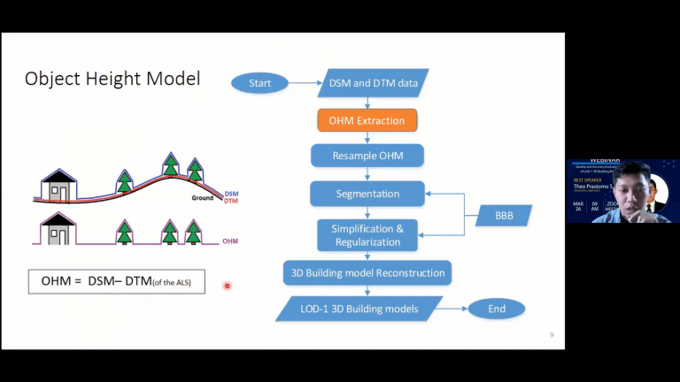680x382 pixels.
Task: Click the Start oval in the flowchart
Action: pos(259,83)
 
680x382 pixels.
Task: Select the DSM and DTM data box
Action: pos(373,83)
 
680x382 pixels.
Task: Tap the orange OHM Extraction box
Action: pos(367,120)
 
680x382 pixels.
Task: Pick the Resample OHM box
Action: pos(367,156)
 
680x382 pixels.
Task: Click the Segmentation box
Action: pos(367,194)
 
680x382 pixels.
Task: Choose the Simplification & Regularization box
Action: pos(367,234)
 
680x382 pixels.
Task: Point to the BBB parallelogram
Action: pos(500,215)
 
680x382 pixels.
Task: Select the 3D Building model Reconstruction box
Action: pos(367,272)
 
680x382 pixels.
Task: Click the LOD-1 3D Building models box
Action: pos(359,308)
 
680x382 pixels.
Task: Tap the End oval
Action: pos(496,309)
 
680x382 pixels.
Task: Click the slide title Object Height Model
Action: pos(112,79)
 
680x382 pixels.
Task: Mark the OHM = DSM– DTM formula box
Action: pos(117,281)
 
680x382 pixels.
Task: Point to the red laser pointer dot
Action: pos(228,286)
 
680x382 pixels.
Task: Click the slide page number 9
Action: pos(552,335)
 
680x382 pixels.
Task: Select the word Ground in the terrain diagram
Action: pos(204,198)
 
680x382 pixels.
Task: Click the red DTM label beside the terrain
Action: pos(231,201)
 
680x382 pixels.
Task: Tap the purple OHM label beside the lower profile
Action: pos(230,241)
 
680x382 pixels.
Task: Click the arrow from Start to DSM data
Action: pos(304,83)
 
